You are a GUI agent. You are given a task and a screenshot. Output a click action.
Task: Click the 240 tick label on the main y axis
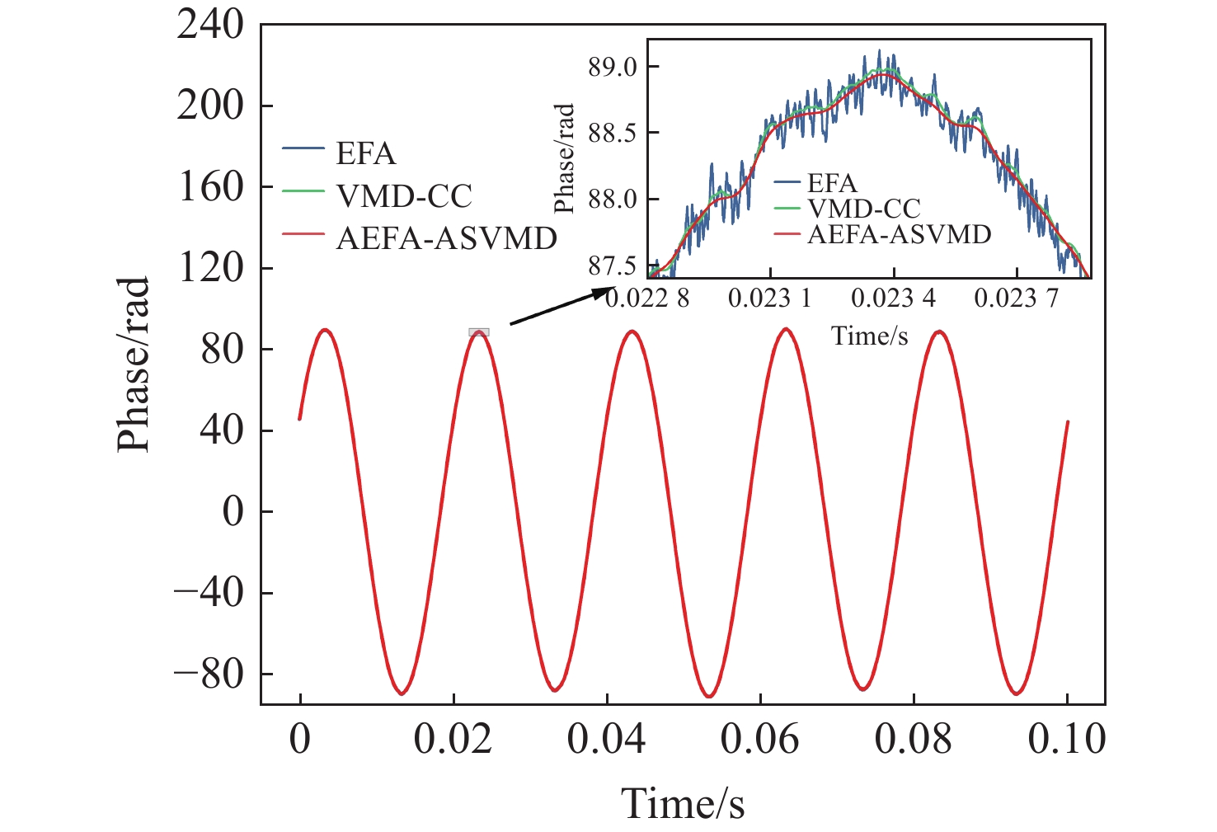tap(210, 25)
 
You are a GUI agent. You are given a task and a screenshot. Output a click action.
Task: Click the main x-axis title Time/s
tap(683, 803)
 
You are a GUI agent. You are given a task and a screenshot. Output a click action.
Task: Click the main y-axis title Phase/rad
tap(133, 364)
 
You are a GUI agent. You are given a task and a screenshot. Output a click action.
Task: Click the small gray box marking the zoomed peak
tap(479, 332)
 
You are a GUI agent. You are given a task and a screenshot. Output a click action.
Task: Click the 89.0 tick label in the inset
tap(613, 68)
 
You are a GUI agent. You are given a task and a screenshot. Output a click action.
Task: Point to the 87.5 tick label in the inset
tap(613, 266)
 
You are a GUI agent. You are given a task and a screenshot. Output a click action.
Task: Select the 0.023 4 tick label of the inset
tap(893, 298)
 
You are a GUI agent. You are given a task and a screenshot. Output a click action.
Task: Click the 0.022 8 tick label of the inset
tap(647, 298)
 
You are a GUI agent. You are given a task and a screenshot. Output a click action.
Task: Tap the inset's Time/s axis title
tap(870, 336)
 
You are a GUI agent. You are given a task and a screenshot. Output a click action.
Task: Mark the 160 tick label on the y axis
tap(210, 187)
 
